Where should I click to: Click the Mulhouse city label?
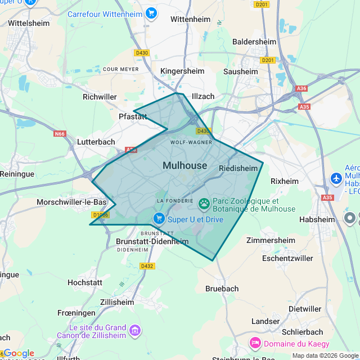pos(185,165)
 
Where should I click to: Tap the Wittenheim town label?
pos(190,19)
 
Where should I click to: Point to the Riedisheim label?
pos(238,168)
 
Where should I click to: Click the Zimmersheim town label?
pos(271,240)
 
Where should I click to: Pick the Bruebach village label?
pos(222,289)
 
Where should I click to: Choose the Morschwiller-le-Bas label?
pos(71,202)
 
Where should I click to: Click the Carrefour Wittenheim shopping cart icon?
pos(151,12)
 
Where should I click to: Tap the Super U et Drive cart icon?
pos(159,218)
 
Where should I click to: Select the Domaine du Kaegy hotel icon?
pos(255,343)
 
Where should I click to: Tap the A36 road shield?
pos(302,88)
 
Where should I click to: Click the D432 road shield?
pos(147,266)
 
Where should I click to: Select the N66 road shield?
pos(60,134)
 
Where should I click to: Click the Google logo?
pos(19,353)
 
